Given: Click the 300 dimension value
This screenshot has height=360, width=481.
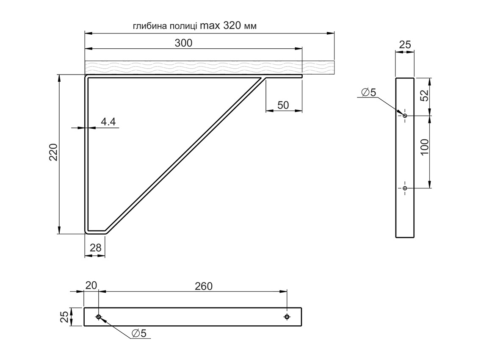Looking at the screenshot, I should coord(183,43).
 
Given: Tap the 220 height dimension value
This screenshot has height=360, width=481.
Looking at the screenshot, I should coord(53,152).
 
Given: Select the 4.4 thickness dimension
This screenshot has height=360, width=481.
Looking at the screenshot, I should coord(108,122).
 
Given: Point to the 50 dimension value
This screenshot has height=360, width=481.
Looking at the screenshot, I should coord(283,105).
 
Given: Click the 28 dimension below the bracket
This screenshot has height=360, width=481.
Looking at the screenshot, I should coord(96,248).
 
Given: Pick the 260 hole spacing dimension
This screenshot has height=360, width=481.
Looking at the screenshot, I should coord(204,286).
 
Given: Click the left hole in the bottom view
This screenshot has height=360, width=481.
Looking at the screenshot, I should coord(99,317).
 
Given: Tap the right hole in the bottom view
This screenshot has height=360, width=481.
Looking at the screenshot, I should coord(287,317).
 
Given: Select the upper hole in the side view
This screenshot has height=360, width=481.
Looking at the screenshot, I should coord(405,116).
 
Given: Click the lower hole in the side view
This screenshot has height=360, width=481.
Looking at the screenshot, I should coord(405,188).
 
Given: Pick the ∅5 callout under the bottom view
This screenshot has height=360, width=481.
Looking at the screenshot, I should coord(139,334).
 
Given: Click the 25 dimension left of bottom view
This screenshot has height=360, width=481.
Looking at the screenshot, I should coord(64,317).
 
